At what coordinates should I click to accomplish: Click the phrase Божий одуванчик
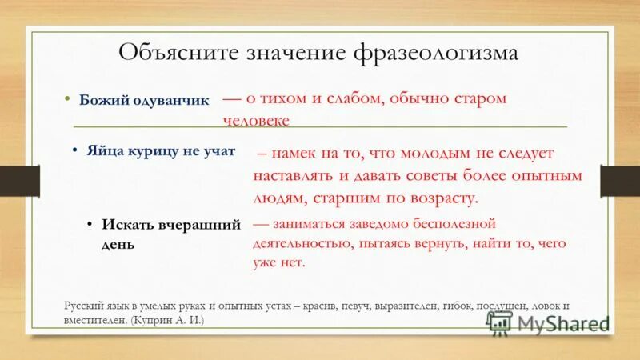point(144,100)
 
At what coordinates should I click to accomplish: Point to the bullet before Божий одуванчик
point(68,99)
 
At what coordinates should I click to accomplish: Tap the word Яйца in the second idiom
point(106,151)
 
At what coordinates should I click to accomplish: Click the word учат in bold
point(218,151)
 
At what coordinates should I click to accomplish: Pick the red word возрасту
point(444,197)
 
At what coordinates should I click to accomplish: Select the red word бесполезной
point(456,223)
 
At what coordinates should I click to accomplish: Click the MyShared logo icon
point(498,322)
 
